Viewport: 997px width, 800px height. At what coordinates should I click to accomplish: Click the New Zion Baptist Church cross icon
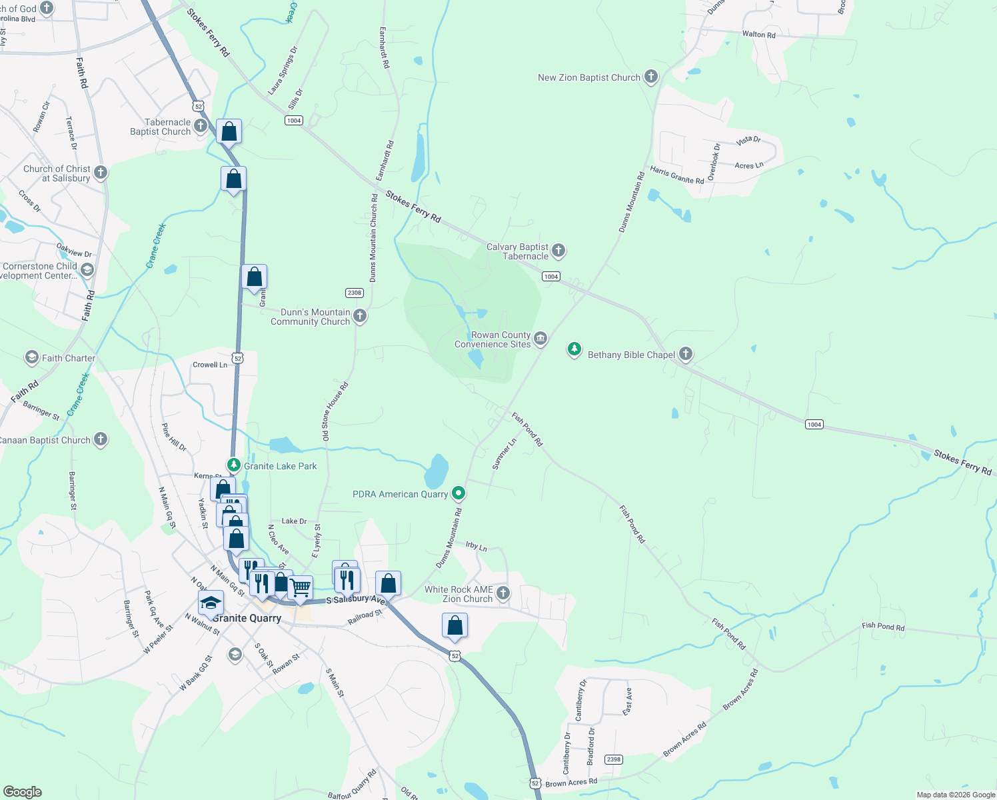point(651,77)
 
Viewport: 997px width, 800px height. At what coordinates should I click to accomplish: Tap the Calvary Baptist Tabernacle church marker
point(558,251)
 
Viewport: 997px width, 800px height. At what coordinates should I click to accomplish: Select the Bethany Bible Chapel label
point(631,355)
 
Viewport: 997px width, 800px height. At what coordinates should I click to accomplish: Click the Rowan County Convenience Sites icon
point(540,339)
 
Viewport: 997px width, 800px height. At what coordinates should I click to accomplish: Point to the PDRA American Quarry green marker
point(458,493)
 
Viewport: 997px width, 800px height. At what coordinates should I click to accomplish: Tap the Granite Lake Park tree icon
point(233,465)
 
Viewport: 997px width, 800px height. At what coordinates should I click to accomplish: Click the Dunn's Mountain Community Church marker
point(360,316)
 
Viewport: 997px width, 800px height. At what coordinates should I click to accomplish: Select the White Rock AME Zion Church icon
point(503,593)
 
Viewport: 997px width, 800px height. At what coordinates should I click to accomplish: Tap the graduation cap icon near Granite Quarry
point(211,602)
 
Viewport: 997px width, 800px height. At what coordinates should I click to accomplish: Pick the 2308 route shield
point(354,293)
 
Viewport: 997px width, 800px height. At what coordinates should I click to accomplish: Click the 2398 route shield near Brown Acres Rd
point(613,759)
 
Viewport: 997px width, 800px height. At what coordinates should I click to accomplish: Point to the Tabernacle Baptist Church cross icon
point(201,126)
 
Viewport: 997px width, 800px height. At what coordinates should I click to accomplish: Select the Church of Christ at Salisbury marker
point(101,173)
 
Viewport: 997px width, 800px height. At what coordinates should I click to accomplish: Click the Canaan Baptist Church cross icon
point(101,439)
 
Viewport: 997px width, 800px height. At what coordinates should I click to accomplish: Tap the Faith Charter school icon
point(31,358)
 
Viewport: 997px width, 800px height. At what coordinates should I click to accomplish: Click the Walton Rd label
point(758,34)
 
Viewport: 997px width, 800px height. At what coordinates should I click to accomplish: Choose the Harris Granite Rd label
point(676,175)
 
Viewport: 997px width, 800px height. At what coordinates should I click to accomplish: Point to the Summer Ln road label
point(504,454)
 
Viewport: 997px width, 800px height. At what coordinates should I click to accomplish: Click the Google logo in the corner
point(22,791)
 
